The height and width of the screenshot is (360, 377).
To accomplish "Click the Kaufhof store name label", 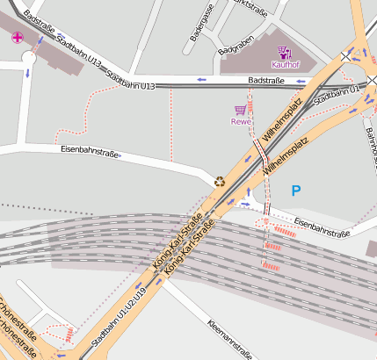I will tap(286, 65).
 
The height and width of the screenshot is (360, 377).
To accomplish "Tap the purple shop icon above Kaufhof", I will tap(285, 52).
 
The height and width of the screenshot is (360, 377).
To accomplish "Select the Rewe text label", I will tap(241, 122).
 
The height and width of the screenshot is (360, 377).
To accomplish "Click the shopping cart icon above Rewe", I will tap(240, 111).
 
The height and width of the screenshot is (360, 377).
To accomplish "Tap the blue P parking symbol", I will tap(295, 190).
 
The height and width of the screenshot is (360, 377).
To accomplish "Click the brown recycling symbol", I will tap(219, 183).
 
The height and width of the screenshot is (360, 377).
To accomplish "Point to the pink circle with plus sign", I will tap(18, 37).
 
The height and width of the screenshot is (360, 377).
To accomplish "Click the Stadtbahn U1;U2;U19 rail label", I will tap(116, 316).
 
